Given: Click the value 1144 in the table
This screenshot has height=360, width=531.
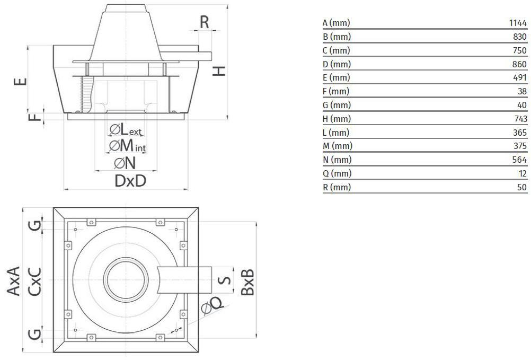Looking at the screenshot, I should tap(518, 23).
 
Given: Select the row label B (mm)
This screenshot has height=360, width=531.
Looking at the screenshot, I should tap(337, 37).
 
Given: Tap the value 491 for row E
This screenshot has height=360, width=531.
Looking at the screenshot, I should tap(520, 78).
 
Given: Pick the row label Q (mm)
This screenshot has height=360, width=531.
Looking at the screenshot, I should tap(337, 173).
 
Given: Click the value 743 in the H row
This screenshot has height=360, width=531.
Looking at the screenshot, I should tap(520, 119).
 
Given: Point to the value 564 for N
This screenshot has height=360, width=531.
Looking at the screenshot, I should tap(520, 160).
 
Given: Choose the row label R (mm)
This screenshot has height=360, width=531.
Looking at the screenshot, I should tap(337, 187).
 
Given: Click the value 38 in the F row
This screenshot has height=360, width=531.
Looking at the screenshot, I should tap(522, 92).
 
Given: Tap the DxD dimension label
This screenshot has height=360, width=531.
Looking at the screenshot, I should tap(130, 181).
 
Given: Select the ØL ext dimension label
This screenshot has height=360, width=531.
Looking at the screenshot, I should tap(126, 129).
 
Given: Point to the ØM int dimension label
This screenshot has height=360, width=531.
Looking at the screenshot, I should tap(127, 145).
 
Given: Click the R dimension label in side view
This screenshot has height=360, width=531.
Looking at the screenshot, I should tap(205, 22).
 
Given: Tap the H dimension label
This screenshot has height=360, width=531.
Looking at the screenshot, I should tap(219, 71).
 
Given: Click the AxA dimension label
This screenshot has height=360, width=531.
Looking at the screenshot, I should tap(14, 281).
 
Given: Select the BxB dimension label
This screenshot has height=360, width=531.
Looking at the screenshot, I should tap(248, 282).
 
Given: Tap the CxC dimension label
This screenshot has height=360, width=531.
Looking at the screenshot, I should tap(34, 281).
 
